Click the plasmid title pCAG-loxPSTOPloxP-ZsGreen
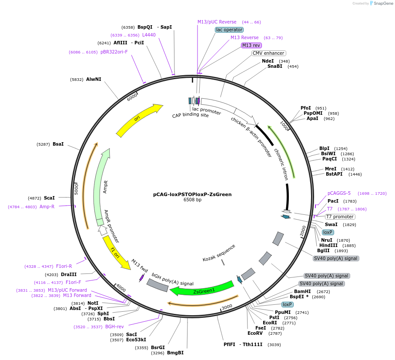192,194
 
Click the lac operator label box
229,30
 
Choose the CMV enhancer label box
268,53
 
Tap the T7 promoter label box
340,217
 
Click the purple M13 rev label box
251,45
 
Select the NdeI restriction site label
268,61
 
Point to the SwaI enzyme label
331,224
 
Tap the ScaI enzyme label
49,198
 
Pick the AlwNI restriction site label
94,79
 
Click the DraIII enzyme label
69,274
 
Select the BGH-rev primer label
114,327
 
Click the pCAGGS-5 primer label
339,193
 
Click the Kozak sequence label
219,253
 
